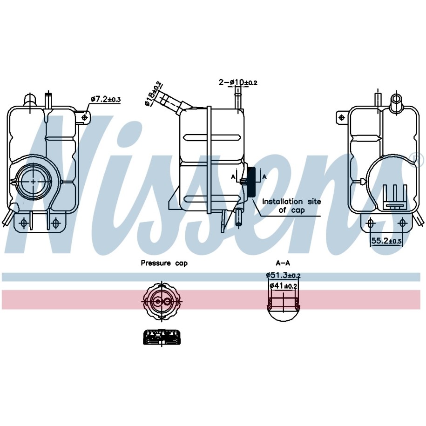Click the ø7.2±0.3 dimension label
pos(106,100)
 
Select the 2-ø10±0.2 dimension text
pos(238,82)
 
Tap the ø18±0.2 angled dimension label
pos(153,94)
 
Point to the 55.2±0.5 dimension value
pos(386,240)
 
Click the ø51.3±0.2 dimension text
pos(283,275)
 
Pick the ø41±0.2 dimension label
pos(283,285)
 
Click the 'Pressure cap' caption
pos(164,263)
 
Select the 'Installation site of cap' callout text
pos(291,206)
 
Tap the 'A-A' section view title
pos(283,263)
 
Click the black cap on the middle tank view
pos(251,182)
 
